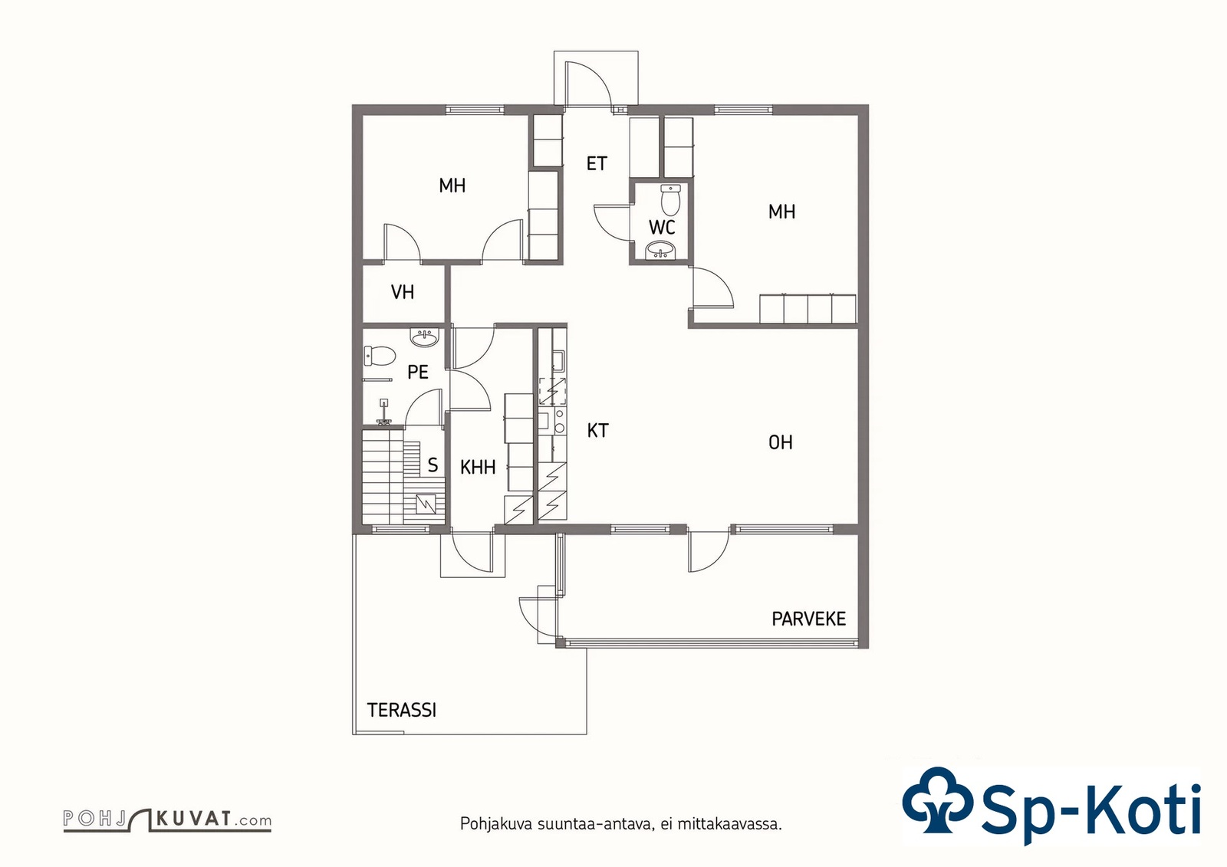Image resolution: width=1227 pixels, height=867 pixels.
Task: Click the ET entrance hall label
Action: tap(597, 163)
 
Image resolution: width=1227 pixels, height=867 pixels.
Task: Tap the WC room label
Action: tap(662, 227)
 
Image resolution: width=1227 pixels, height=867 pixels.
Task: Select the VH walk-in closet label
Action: tap(403, 292)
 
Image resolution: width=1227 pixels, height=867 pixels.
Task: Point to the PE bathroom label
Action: tap(417, 373)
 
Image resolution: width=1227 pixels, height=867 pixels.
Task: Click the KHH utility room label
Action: tap(478, 467)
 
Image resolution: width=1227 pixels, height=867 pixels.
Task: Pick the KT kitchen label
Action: tap(597, 431)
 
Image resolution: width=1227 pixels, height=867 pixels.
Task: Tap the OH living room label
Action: tap(781, 442)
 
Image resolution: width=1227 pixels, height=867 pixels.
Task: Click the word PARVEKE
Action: tap(808, 619)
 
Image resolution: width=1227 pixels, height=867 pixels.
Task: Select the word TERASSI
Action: tap(402, 710)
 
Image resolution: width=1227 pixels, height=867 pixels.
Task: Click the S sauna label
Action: tap(433, 465)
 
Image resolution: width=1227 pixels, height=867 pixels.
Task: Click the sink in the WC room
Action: tap(662, 251)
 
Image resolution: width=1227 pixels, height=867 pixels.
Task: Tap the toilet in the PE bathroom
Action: tap(380, 356)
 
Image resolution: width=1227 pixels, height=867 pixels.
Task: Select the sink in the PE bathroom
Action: tap(425, 338)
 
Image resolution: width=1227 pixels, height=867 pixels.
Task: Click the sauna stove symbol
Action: tap(426, 504)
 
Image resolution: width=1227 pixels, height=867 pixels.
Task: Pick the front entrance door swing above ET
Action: tap(588, 83)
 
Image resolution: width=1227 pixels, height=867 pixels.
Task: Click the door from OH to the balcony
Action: tap(709, 551)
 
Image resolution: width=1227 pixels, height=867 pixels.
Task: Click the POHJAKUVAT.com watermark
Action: tap(168, 820)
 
